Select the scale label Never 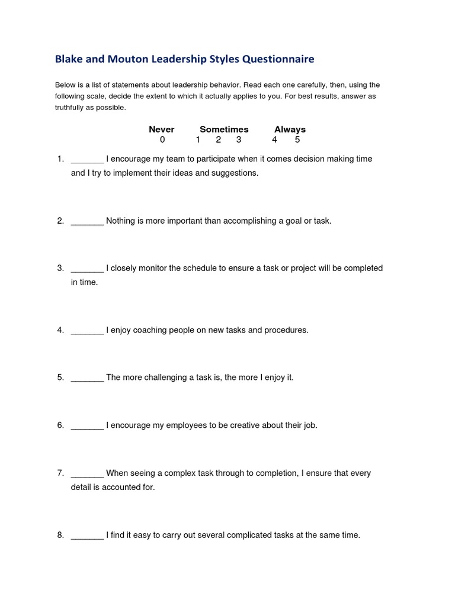162,130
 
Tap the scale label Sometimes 224,130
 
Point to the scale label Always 290,130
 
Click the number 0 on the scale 162,140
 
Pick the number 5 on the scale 297,140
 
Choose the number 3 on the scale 239,140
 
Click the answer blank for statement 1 87,160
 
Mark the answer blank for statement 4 87,331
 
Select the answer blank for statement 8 87,536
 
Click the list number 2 60,221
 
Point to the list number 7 60,473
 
